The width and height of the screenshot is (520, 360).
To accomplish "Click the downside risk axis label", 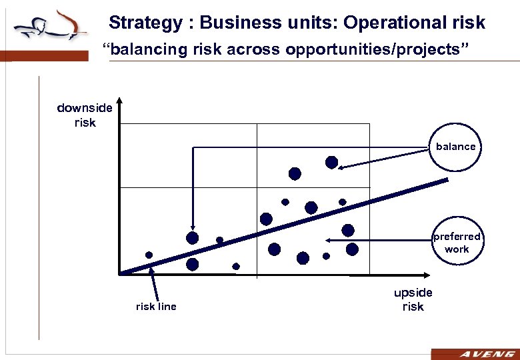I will tap(85, 115).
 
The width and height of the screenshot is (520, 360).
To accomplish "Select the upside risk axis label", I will tap(413, 299).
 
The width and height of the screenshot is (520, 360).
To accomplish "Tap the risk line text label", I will tap(156, 307).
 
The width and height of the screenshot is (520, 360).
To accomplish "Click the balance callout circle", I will tap(455, 147).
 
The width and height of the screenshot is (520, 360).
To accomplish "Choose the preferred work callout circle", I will tap(457, 243).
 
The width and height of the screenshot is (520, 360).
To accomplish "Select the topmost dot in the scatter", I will tap(331, 162).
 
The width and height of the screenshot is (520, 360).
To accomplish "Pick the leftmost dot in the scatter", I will tap(149, 255).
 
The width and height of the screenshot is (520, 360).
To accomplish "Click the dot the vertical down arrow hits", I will tap(193, 238).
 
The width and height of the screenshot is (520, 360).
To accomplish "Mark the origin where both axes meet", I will tap(119, 273).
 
